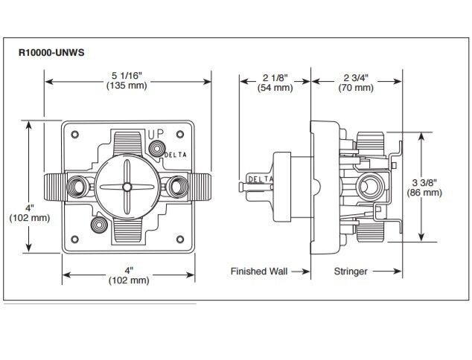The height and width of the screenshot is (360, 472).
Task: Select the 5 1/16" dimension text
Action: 127,75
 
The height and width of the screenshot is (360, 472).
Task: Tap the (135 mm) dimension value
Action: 127,86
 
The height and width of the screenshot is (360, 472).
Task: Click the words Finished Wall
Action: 258,271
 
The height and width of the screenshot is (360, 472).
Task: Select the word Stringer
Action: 350,271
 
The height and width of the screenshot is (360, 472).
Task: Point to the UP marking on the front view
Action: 155,134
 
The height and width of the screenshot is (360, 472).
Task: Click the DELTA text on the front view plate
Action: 176,154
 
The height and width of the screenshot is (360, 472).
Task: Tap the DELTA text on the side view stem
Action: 259,179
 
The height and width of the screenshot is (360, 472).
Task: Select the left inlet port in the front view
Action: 77,184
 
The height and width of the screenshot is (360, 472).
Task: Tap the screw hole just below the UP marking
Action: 156,149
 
